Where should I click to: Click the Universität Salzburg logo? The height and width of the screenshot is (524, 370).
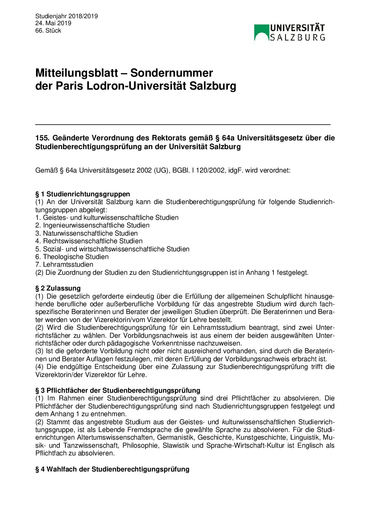click(290, 33)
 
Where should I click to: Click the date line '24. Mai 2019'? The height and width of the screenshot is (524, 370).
click(53, 23)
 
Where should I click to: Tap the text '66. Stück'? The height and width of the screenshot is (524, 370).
click(48, 30)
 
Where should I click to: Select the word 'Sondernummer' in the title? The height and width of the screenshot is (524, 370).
click(171, 73)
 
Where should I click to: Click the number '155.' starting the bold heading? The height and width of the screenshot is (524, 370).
click(42, 138)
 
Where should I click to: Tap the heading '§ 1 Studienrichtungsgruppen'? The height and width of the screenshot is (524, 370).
click(83, 194)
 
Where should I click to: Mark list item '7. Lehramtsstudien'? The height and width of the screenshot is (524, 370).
click(64, 264)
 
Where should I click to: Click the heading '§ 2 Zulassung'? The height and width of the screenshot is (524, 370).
click(58, 288)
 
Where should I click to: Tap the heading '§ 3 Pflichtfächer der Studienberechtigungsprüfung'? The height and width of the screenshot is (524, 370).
click(118, 390)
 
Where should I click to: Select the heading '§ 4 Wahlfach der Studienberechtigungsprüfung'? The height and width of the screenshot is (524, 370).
click(112, 469)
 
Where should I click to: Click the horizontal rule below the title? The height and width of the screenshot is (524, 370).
click(183, 124)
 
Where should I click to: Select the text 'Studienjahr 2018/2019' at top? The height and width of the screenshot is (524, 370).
click(66, 16)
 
